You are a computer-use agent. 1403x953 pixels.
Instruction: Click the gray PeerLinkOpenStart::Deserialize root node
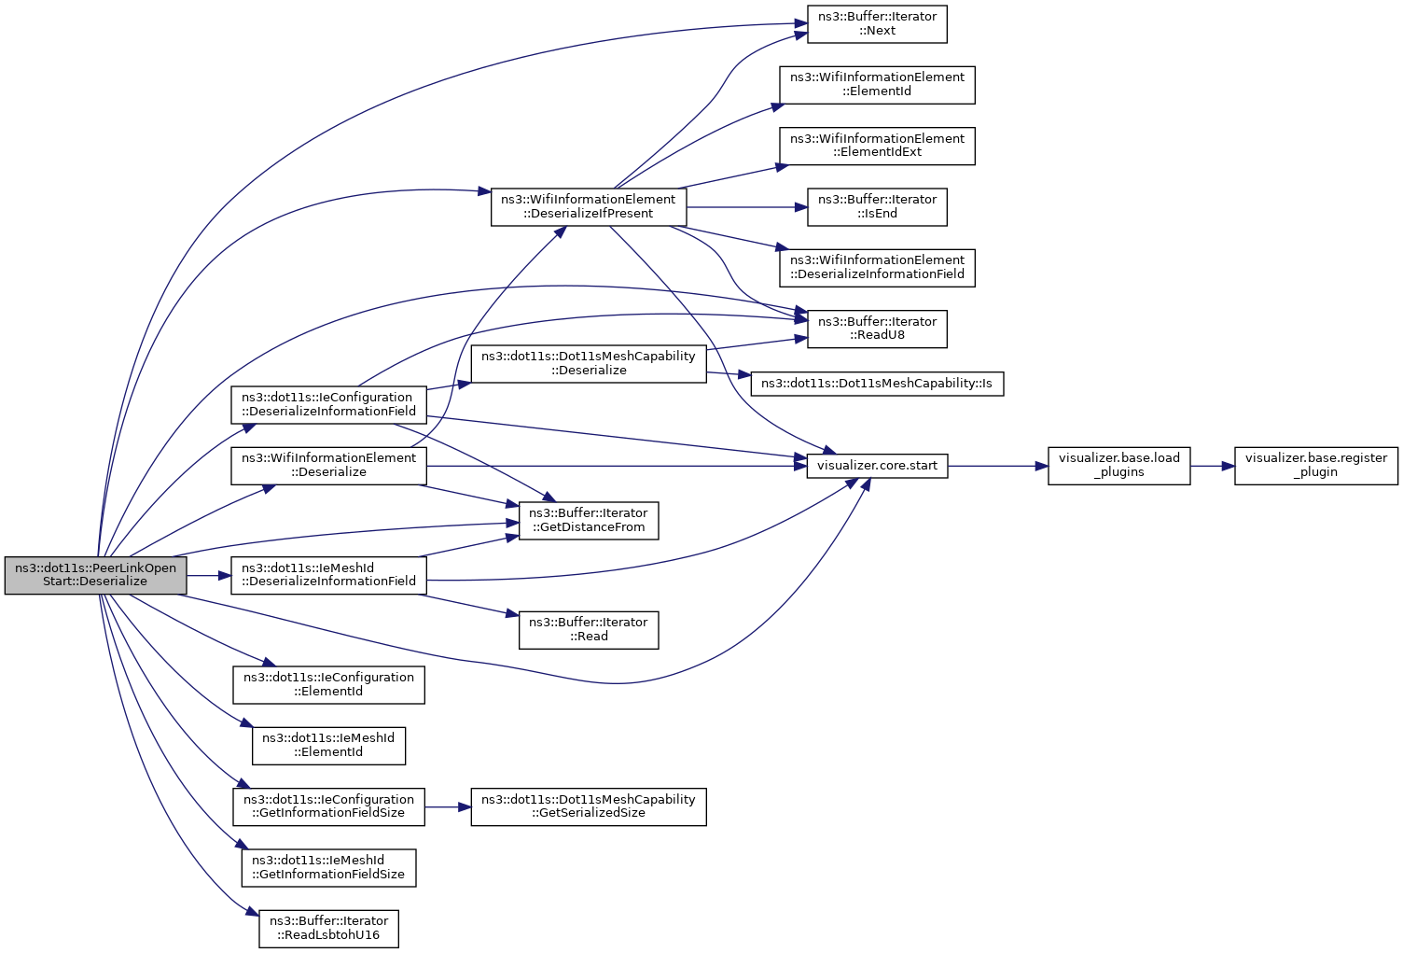[95, 575]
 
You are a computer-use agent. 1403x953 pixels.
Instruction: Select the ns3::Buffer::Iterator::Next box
[877, 24]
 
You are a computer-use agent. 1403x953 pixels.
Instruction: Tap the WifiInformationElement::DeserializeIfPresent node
[588, 207]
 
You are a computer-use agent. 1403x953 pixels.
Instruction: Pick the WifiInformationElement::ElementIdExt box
[877, 146]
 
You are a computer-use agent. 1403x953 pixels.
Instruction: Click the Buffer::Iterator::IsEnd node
[877, 207]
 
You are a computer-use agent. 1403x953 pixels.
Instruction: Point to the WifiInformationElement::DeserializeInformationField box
[877, 268]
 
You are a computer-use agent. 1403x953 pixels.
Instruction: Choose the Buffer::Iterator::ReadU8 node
[877, 329]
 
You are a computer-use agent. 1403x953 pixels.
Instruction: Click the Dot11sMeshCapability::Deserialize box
[588, 364]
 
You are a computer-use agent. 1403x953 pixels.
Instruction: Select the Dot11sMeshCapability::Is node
[877, 384]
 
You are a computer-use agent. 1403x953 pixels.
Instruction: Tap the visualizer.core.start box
[877, 466]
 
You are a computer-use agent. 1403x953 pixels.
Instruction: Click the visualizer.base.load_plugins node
[1118, 466]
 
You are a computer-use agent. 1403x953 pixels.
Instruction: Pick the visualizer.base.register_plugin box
[1316, 466]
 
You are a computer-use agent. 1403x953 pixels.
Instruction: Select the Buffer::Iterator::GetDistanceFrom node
[588, 520]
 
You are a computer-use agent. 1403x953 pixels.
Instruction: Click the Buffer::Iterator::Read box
[588, 630]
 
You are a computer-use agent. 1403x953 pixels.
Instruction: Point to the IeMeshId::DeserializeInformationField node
[328, 575]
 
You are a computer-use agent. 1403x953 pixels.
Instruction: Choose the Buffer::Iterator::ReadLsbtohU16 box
[328, 929]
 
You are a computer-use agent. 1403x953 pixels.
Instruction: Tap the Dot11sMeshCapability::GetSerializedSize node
[588, 807]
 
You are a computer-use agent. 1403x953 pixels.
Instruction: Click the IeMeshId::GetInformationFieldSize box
[328, 868]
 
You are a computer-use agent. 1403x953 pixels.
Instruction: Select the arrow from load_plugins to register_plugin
[1212, 466]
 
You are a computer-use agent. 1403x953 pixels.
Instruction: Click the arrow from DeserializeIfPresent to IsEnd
[746, 207]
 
